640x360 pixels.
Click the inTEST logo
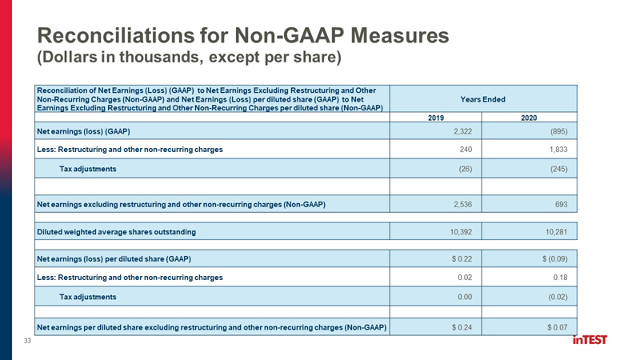pos(590,339)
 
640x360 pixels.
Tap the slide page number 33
pos(27,341)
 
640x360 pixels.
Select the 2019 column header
pos(435,118)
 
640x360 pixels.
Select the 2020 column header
pos(529,118)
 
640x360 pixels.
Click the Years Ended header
pos(483,99)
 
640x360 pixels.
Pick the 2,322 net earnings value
pos(462,131)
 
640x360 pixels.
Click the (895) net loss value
pos(558,131)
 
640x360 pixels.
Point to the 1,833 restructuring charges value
pos(558,150)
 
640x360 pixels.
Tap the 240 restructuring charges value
pos(466,150)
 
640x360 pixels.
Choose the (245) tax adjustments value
pos(558,169)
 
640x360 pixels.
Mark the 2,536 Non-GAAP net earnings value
pos(462,204)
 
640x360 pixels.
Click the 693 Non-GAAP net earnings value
pos(562,204)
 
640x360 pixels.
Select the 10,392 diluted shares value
pos(461,232)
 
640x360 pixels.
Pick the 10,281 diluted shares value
pos(556,232)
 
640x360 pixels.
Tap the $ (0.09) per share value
pos(554,258)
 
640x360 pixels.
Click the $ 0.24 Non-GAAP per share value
pos(462,327)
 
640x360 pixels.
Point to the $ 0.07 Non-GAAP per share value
pos(557,327)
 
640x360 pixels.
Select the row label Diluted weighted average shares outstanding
pos(116,232)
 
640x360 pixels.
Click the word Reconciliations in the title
pos(115,35)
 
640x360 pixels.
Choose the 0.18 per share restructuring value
pos(561,278)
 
